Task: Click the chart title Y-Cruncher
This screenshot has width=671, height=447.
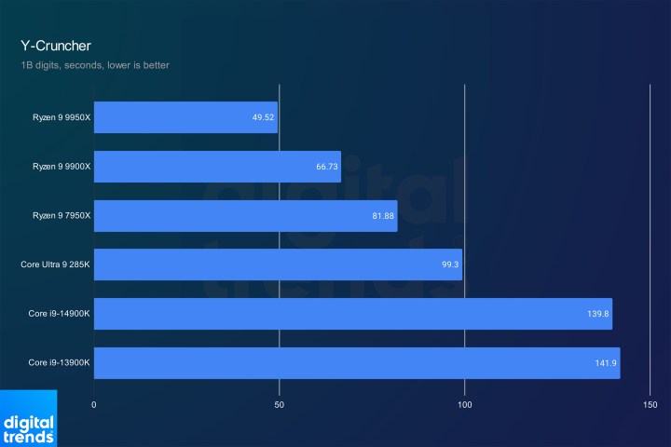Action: [x=56, y=45]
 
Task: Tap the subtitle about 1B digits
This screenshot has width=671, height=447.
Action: [x=95, y=65]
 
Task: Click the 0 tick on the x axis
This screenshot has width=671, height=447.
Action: [x=94, y=405]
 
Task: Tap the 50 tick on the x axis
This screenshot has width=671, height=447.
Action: [x=279, y=405]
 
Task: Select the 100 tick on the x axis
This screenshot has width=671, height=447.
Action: [x=465, y=405]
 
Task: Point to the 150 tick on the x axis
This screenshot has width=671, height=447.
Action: [x=650, y=405]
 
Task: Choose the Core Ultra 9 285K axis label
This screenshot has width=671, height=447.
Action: [x=55, y=264]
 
